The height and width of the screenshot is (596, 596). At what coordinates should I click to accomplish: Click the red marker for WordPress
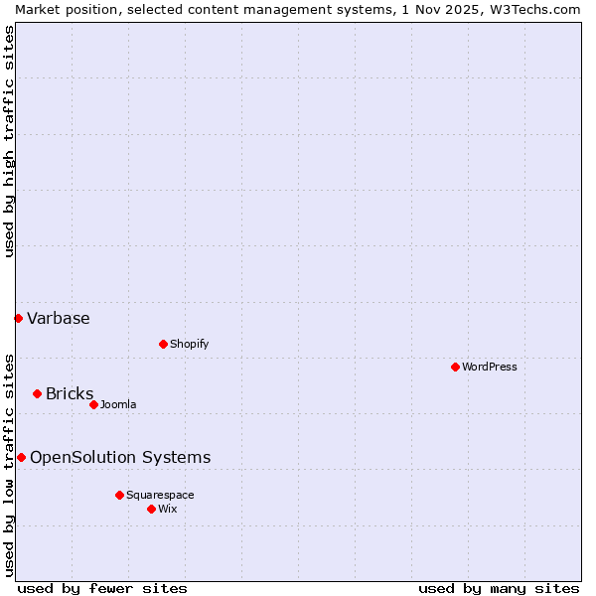455,367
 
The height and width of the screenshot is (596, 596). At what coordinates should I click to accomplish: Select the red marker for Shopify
163,344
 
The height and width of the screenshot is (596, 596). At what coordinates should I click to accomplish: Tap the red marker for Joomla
93,404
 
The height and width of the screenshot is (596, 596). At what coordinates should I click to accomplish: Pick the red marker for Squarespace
119,495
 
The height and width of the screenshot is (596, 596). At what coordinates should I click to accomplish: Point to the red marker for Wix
151,509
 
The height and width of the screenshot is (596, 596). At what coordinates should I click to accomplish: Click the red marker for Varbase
18,318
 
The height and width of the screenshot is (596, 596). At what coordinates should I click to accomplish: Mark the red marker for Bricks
37,393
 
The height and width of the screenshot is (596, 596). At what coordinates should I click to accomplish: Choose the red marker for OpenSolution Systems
21,457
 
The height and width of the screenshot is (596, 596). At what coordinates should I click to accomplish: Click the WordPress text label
490,367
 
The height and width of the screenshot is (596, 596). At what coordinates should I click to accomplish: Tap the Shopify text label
189,344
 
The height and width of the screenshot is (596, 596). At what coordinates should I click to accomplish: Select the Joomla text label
118,404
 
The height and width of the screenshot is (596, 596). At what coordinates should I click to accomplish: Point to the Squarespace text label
160,495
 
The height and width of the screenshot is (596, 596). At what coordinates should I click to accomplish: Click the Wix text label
167,509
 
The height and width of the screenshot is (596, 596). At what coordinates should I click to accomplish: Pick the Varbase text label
59,318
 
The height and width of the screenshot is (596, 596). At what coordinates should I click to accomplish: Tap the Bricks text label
70,393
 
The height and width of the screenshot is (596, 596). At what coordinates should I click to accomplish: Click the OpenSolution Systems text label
120,457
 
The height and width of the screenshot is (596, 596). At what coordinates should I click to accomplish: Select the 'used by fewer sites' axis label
102,588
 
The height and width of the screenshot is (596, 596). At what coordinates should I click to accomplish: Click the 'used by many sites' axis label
499,588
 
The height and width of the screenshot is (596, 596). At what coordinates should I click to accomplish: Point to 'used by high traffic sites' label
9,141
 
